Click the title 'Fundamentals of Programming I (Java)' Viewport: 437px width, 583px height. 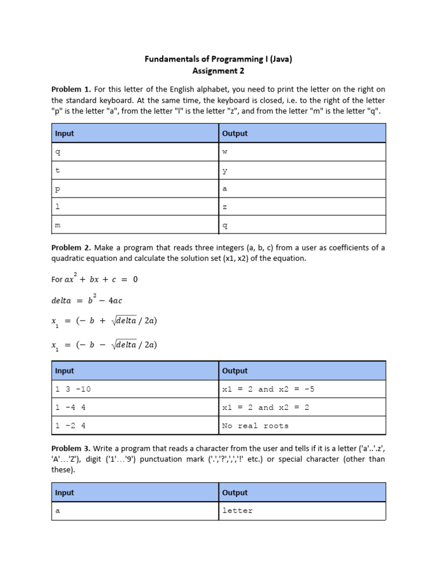[218, 59]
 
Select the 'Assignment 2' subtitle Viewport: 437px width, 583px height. [218, 71]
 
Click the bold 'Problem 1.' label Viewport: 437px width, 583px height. [71, 89]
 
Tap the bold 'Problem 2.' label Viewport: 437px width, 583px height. [71, 248]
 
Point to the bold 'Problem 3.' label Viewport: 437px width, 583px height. [71, 449]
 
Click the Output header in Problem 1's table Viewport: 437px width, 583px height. [235, 133]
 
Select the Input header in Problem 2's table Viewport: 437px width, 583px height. [64, 371]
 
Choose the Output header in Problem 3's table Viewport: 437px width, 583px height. [235, 492]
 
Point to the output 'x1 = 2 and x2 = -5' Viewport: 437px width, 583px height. [268, 389]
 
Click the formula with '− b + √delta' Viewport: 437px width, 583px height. [104, 321]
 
